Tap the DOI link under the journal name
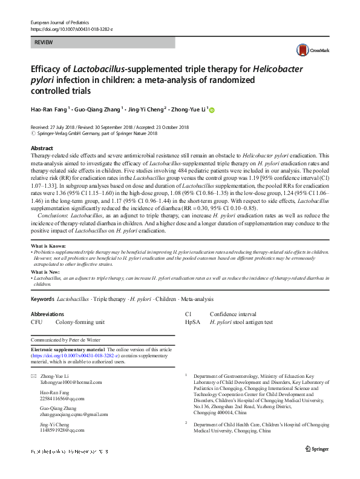coord(71,29)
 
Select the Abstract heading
coord(41,148)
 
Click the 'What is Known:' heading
coord(48,246)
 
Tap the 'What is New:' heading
coord(46,273)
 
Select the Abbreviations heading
coord(47,314)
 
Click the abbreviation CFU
coord(36,323)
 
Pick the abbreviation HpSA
coord(192,323)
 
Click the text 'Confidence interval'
coord(233,314)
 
